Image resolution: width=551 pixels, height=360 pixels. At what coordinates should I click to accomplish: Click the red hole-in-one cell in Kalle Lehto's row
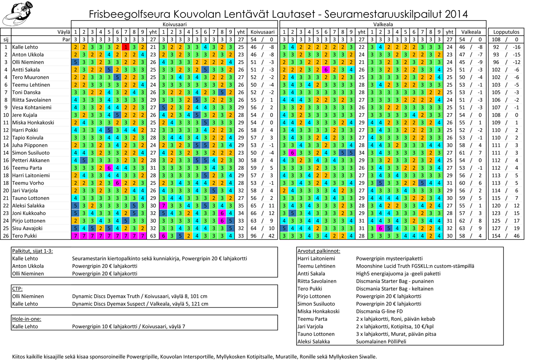125,47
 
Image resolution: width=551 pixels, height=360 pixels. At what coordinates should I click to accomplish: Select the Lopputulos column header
506,32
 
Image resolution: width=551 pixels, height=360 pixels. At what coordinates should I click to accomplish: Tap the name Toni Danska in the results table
25,92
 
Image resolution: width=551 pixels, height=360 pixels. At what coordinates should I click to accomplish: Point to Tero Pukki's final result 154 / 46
506,236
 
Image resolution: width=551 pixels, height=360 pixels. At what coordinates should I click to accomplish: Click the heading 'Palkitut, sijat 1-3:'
35,251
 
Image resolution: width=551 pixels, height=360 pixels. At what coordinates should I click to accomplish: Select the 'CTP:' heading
17,289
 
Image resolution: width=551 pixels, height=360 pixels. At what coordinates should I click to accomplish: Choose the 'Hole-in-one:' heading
26,319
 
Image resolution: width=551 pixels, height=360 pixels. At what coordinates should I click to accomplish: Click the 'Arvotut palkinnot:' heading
319,251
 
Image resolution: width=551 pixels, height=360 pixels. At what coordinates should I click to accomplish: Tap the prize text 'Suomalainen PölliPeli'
381,342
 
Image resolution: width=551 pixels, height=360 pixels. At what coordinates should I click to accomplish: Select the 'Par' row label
65,39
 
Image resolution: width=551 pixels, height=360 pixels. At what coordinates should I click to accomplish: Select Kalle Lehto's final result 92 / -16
506,47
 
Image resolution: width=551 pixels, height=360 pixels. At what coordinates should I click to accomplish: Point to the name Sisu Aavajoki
28,228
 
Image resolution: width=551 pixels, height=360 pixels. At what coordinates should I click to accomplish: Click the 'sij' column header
6,39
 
